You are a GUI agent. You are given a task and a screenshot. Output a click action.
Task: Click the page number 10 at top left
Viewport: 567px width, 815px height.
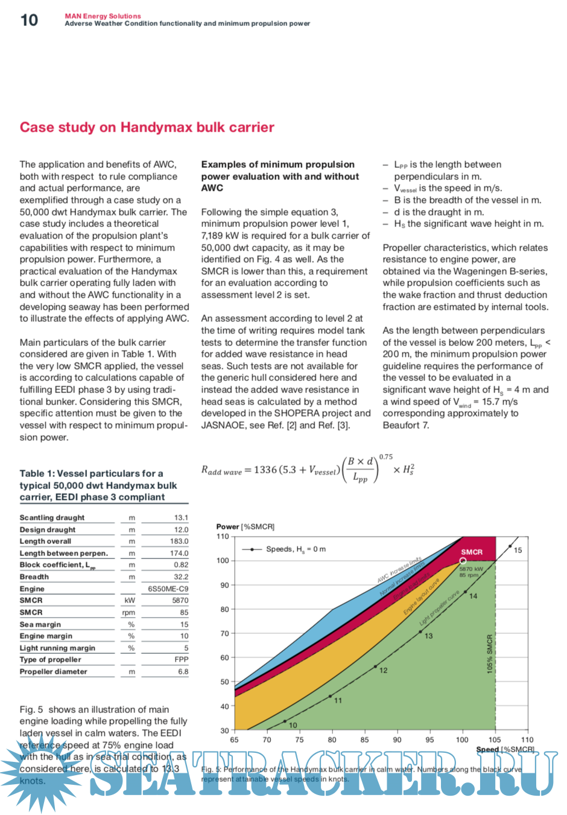coord(29,20)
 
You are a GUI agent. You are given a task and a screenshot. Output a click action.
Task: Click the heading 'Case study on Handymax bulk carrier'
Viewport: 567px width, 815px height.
coord(147,127)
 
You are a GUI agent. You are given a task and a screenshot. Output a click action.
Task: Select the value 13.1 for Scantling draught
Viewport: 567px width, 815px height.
coord(181,518)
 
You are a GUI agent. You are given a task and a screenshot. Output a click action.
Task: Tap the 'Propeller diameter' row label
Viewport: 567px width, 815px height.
coord(53,671)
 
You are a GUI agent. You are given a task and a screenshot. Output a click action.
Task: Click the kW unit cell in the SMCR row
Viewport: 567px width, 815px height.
coord(130,601)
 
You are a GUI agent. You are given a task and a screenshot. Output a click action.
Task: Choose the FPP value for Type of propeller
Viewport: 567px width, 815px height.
coord(182,660)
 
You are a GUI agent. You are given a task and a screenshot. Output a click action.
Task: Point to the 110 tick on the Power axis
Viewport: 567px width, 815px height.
coord(223,536)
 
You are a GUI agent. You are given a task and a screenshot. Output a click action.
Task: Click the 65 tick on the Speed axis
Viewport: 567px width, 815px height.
coord(234,740)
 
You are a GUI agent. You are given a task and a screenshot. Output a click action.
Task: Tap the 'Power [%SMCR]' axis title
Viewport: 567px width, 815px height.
coord(245,526)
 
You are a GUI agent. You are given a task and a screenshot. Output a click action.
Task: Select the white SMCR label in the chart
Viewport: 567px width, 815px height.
coord(472,552)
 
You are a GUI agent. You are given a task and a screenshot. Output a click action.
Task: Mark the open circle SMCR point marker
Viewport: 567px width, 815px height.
coord(463,561)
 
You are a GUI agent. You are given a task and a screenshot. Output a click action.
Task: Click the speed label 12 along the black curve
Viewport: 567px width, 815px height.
coord(383,670)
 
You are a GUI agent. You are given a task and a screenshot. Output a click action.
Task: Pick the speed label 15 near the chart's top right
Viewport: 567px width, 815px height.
coord(518,550)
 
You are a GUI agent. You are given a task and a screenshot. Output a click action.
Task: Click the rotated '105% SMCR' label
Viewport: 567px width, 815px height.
coord(490,654)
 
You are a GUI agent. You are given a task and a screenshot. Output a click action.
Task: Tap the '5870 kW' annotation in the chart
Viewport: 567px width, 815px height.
coord(471,569)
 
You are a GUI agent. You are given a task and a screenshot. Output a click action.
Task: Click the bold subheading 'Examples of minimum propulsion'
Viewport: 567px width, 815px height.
coord(277,164)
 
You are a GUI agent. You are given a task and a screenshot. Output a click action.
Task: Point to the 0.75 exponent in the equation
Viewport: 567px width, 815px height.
coord(385,457)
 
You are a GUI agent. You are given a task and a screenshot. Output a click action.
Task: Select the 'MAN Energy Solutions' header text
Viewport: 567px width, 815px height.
coord(103,16)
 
